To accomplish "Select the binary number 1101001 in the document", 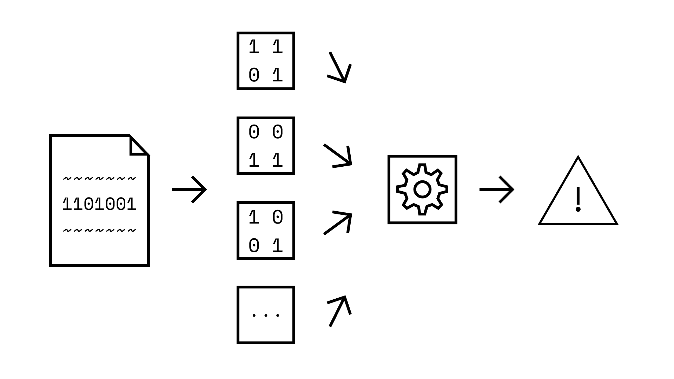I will click(x=99, y=204).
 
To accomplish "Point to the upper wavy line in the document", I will click(x=99, y=179).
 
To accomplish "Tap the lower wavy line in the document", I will click(x=99, y=231).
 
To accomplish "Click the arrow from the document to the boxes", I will click(x=189, y=189).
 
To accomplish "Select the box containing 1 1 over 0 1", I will click(x=266, y=61).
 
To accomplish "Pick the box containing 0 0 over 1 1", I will click(x=266, y=146).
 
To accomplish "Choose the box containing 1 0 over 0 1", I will click(x=266, y=230).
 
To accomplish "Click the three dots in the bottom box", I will click(x=266, y=315).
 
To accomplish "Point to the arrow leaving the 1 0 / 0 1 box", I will click(x=338, y=223).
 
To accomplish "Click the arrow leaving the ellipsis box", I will click(x=339, y=311).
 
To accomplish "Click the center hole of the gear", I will click(x=422, y=189).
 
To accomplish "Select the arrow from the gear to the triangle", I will click(x=497, y=189).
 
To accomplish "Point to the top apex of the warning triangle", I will click(x=578, y=158).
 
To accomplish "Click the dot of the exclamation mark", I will click(x=578, y=210).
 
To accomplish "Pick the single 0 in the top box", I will click(x=254, y=75).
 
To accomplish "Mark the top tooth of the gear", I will click(x=422, y=168).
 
